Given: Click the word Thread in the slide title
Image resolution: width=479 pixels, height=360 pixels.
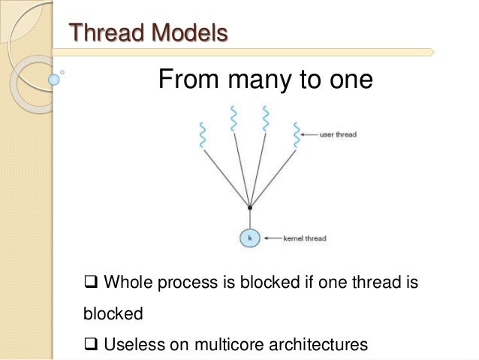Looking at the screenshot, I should click(x=102, y=34).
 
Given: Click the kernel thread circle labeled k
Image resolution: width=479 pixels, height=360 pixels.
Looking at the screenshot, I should click(x=249, y=238).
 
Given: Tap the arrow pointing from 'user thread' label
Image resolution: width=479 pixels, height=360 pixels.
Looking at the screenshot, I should click(x=308, y=135).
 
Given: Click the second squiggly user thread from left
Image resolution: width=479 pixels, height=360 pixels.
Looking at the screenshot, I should click(x=233, y=119).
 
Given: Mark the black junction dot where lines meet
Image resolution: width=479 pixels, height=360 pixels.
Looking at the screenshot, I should click(x=249, y=207).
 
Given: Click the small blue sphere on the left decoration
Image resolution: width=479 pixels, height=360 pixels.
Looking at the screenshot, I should click(x=53, y=77).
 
